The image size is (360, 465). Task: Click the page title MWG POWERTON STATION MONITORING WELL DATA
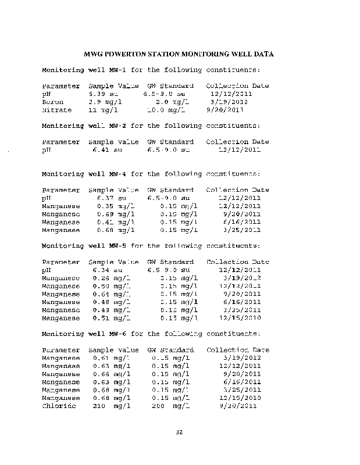[x=179, y=54]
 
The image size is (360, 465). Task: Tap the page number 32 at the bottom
[x=179, y=432]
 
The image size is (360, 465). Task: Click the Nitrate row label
[x=56, y=109]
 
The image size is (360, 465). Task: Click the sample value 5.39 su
[x=103, y=94]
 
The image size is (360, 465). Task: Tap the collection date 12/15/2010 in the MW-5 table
[x=240, y=318]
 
